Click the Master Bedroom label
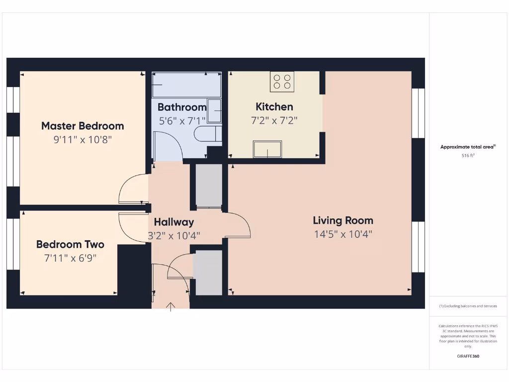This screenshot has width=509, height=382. (83, 126)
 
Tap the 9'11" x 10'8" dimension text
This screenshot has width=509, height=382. (83, 140)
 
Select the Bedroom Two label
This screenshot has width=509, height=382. (70, 244)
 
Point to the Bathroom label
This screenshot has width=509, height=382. (182, 107)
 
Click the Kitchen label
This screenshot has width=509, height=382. (274, 106)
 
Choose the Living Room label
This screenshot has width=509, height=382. (343, 220)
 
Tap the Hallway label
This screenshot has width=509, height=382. (174, 222)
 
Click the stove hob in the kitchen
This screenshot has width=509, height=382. (282, 82)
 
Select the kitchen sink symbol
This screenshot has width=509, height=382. (267, 149)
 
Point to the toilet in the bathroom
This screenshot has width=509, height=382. (208, 134)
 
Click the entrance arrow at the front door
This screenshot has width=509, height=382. (170, 306)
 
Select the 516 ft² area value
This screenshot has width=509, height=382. (468, 156)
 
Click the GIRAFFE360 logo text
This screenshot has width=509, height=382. (468, 356)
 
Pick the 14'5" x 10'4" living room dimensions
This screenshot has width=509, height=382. (343, 234)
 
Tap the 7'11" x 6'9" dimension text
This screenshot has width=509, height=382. (70, 258)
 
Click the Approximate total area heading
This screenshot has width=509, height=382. (468, 147)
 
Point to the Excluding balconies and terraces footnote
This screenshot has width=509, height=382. (468, 306)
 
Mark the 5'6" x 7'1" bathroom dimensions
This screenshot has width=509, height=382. (182, 120)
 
